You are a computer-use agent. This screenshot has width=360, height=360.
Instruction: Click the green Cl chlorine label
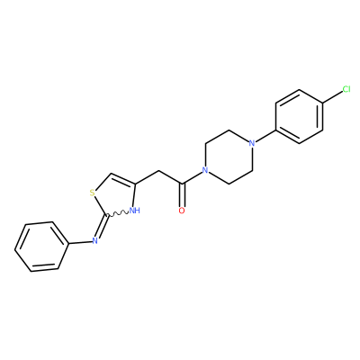click(346, 89)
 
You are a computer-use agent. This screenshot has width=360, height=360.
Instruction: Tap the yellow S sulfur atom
click(93, 193)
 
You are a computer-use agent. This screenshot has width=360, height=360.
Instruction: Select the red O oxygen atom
click(182, 211)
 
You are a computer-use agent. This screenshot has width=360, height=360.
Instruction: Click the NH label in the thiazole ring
click(135, 211)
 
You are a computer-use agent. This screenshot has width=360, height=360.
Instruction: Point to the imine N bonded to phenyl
click(95, 240)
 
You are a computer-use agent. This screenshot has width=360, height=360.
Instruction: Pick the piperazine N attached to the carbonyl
click(205, 171)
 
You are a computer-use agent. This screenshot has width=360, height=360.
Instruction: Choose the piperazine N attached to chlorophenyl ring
click(252, 143)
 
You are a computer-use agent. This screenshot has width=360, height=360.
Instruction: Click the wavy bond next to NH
click(117, 213)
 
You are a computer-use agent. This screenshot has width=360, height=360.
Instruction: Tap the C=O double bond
click(182, 195)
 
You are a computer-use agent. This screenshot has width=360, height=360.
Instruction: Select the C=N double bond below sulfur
click(101, 226)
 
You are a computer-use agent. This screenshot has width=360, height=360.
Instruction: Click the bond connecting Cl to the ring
click(332, 97)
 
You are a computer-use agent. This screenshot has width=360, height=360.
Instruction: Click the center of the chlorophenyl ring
click(300, 116)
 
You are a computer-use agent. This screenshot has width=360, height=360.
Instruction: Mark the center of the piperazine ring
click(229, 157)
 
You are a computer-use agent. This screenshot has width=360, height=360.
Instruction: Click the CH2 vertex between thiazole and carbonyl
click(158, 171)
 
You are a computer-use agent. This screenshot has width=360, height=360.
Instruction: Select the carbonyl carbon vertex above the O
click(182, 184)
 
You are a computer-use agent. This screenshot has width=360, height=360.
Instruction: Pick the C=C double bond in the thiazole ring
click(123, 179)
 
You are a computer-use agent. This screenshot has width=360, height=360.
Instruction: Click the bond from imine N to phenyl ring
click(80, 242)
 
